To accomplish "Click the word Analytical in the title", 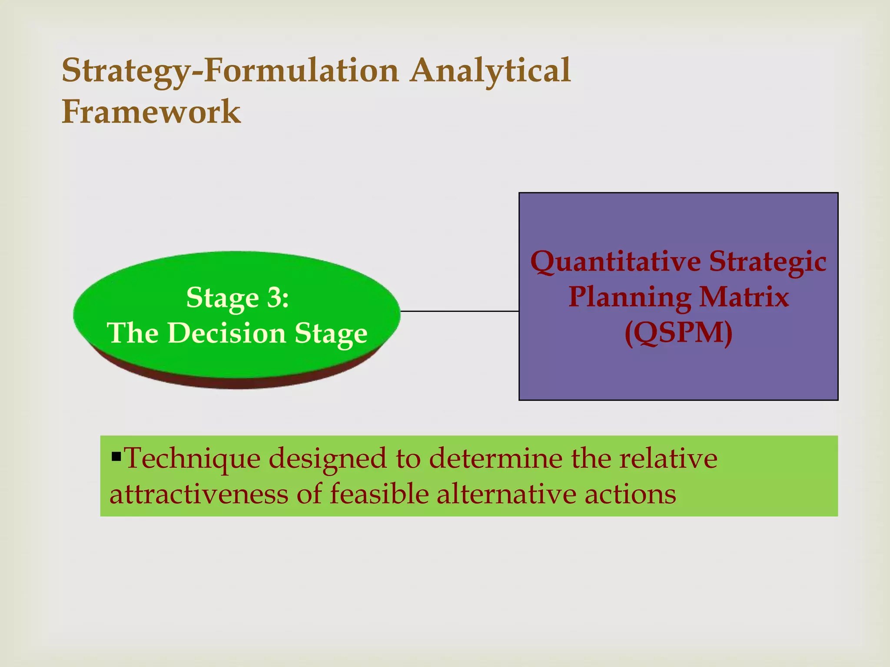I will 490,71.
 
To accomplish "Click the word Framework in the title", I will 151,112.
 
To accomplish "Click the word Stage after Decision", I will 331,333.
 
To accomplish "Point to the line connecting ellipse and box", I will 459,311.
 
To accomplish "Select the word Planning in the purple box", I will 630,297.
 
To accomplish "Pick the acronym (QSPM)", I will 678,333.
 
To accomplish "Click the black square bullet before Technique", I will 116,456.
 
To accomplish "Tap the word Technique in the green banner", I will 192,459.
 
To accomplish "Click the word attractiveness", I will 199,494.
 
